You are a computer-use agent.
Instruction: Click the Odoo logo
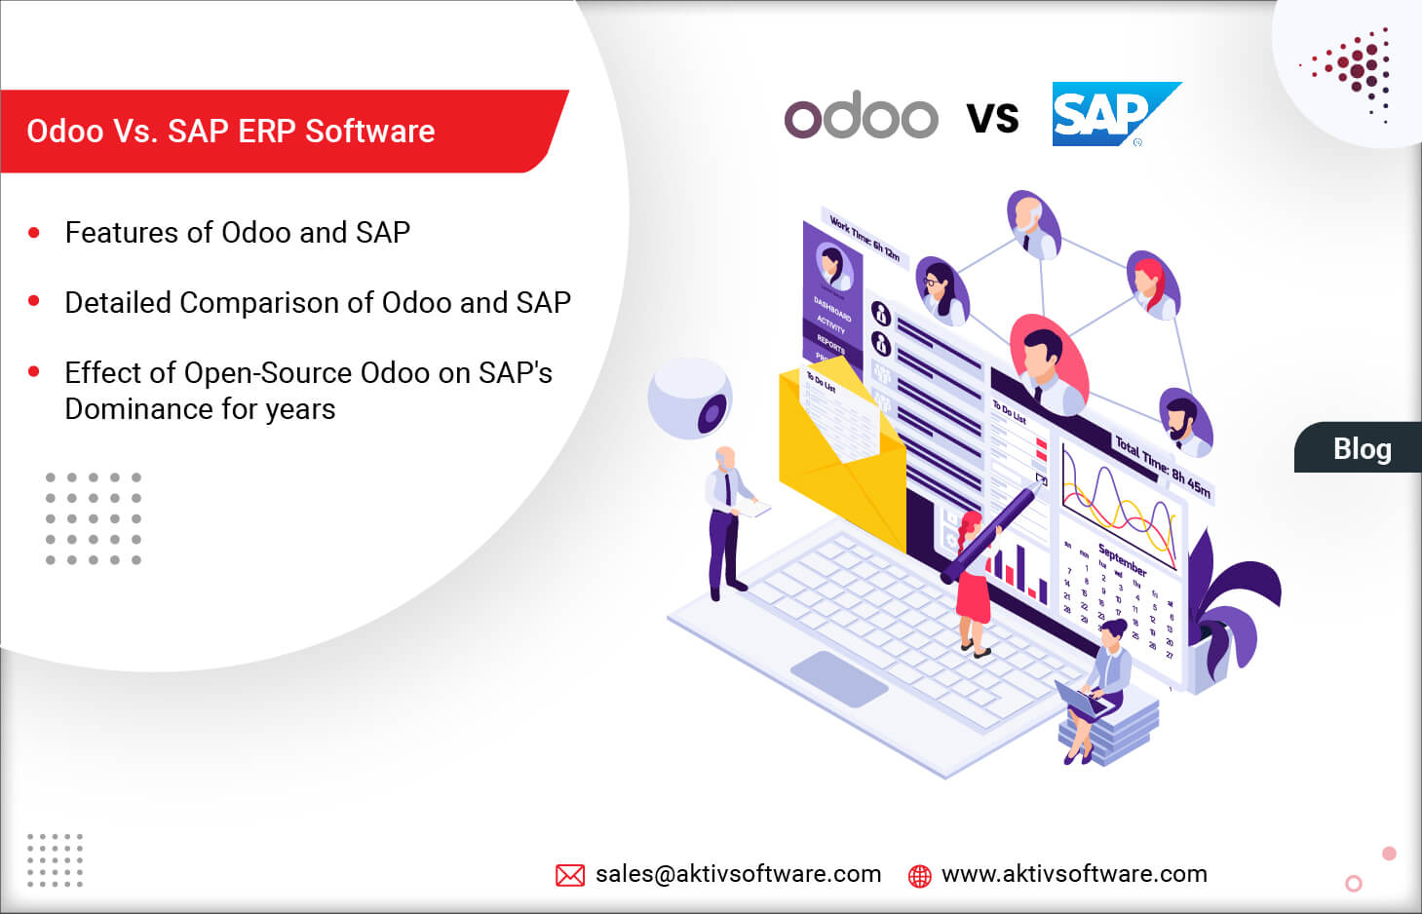tap(861, 117)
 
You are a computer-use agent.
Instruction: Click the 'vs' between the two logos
tap(992, 117)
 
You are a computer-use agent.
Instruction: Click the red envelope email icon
tap(570, 875)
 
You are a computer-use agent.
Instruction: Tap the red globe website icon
tap(919, 875)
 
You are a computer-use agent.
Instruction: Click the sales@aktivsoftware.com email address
tap(738, 874)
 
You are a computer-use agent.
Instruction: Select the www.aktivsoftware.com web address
tap(1074, 874)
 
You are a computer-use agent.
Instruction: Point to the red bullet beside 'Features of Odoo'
tap(34, 233)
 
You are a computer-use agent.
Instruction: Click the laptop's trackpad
tap(838, 677)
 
